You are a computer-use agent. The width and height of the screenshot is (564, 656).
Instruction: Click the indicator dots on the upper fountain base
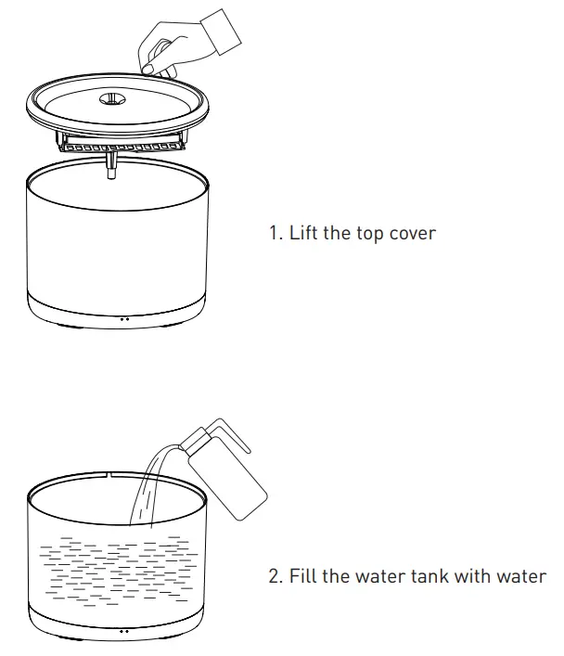(x=123, y=317)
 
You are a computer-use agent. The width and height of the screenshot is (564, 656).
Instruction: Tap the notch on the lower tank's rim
(x=111, y=475)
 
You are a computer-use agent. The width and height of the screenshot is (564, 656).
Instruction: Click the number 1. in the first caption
(x=276, y=232)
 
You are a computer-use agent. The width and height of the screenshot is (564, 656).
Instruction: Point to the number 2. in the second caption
(x=276, y=576)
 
